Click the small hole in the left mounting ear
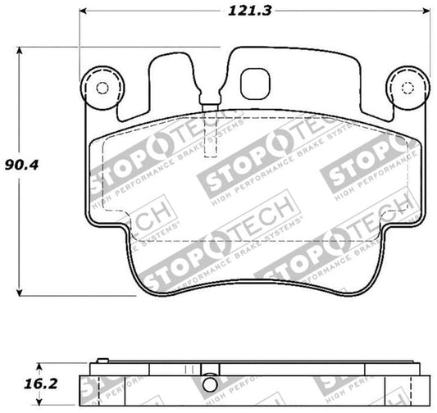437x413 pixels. [x=102, y=88]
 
